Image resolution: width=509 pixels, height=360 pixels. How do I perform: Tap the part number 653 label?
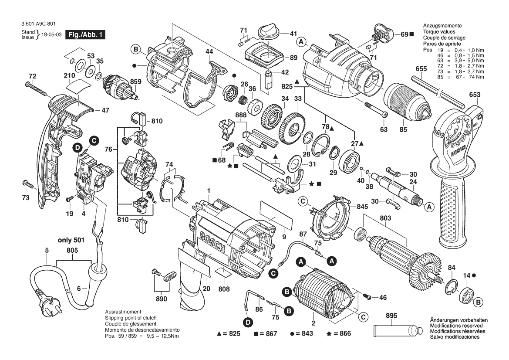click(x=475, y=95)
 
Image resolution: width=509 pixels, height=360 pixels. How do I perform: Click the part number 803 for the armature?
click(x=385, y=217)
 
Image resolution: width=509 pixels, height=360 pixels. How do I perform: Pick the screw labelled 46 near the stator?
click(x=367, y=297)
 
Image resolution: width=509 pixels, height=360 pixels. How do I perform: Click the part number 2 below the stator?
click(x=313, y=323)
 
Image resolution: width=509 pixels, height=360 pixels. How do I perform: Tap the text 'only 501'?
click(x=71, y=240)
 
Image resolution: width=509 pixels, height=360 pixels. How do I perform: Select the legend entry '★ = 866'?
click(x=338, y=334)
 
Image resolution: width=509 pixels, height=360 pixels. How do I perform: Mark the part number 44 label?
click(x=209, y=52)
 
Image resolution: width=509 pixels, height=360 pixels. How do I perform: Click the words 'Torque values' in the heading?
click(x=439, y=32)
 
